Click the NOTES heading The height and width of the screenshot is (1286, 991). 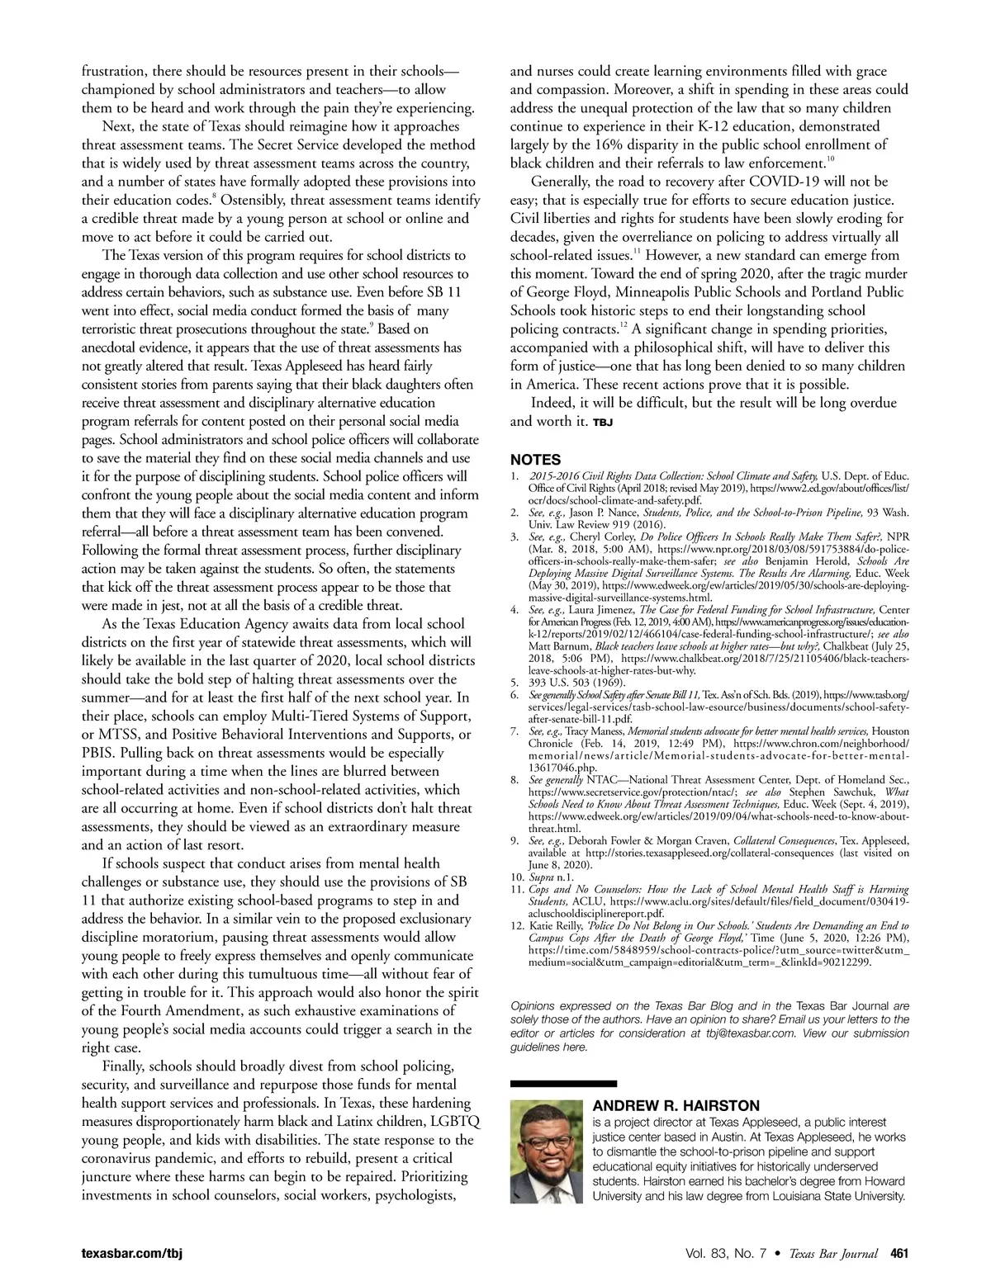coord(535,460)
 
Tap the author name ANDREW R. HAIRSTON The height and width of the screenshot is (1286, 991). coord(676,1106)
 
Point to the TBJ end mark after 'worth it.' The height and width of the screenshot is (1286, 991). coord(601,423)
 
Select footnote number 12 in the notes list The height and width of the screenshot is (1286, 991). coord(517,927)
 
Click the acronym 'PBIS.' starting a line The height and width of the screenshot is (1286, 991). coord(104,753)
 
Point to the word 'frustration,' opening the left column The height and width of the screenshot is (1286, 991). coord(116,72)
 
